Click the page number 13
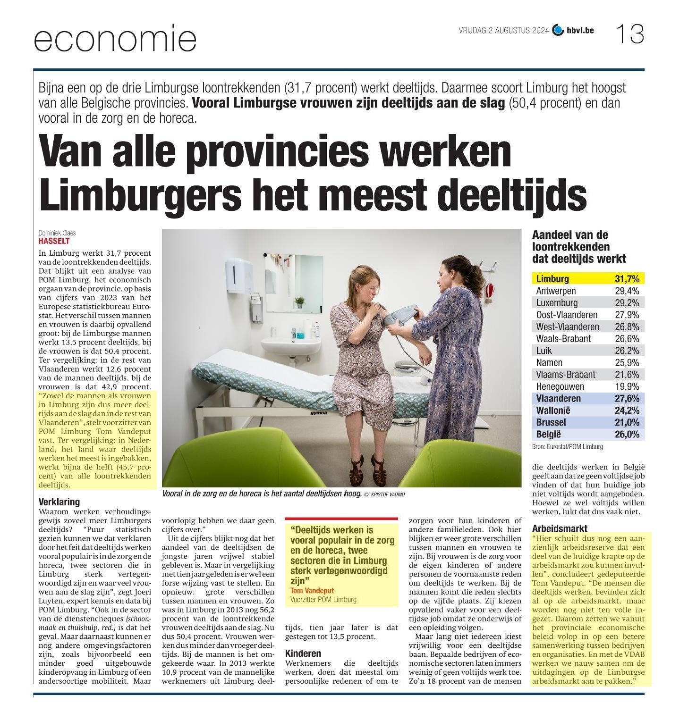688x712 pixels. (629, 34)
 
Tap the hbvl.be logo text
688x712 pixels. (580, 31)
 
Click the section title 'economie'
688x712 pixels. (115, 40)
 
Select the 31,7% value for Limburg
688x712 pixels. (627, 279)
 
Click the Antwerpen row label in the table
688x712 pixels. (556, 291)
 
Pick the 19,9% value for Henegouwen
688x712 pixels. (627, 386)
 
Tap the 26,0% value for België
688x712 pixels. (627, 434)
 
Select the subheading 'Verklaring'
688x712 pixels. (59, 502)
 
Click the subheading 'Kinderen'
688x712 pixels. (303, 653)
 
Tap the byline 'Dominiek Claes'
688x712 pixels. (57, 233)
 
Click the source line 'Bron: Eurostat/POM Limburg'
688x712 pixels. (567, 446)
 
